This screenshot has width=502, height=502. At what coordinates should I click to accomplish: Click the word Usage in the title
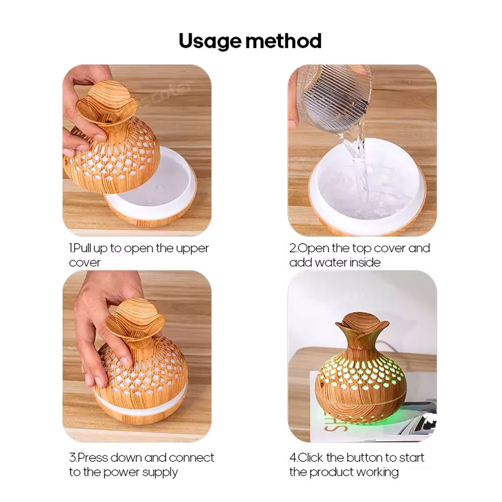209,42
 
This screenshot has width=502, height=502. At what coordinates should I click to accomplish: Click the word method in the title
284,41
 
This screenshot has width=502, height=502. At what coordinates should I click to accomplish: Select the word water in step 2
331,263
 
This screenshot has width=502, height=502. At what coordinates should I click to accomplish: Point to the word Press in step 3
93,457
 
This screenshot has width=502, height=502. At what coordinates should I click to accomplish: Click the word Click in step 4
310,457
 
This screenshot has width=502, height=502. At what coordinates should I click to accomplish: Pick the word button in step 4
365,457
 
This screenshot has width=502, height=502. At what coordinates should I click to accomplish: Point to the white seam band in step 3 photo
141,403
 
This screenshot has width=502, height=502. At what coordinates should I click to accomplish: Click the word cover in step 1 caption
84,263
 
